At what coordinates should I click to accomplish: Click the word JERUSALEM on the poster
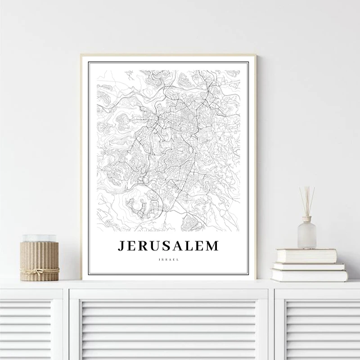[168, 246]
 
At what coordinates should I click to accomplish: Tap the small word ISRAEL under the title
[168, 259]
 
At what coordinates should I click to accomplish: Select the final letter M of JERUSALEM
[211, 246]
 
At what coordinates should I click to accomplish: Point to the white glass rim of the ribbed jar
[39, 238]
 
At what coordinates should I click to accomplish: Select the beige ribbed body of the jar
[39, 256]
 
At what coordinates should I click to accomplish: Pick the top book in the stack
[306, 256]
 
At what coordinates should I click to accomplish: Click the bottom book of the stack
[309, 274]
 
